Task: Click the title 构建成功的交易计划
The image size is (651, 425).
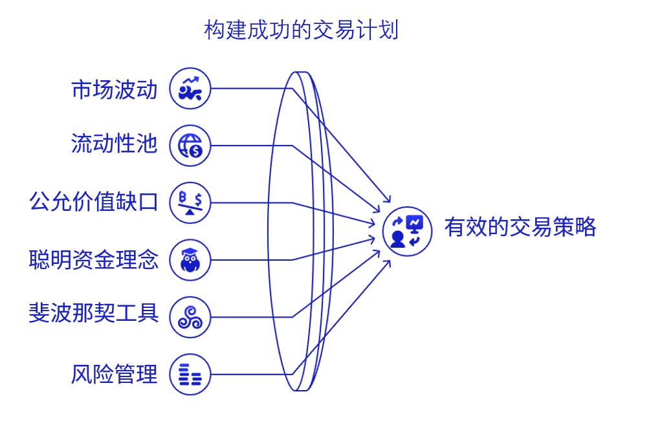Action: coord(301,29)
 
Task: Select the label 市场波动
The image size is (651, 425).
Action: coord(114,89)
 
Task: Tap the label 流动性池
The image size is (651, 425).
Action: coord(114,144)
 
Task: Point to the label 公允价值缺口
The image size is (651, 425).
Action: coord(93,201)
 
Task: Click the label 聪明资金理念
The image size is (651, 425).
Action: coord(93,259)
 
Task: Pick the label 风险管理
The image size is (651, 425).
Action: coord(114,374)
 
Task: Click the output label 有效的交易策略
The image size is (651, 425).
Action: coord(520,227)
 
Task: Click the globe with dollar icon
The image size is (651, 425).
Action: coord(190,145)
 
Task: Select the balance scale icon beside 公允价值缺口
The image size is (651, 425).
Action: coord(190,202)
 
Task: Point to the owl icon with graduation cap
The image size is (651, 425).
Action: coord(190,260)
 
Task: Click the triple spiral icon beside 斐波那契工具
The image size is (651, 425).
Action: coord(190,317)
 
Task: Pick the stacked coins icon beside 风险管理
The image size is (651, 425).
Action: coord(190,375)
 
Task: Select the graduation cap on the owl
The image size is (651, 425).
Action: coord(190,252)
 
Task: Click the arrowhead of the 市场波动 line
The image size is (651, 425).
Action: coord(390,201)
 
